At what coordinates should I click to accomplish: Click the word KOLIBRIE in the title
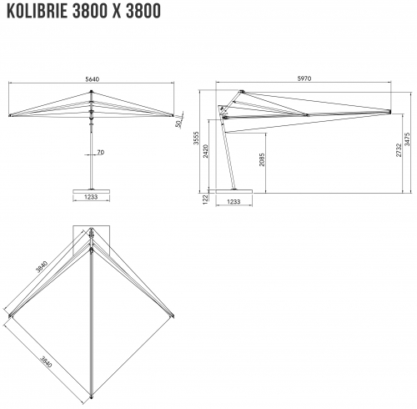(x=38, y=11)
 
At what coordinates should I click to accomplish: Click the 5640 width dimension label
(x=92, y=79)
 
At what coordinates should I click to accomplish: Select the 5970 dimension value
(x=304, y=78)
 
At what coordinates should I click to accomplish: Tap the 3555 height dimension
(x=196, y=138)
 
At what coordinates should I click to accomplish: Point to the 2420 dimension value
(x=205, y=151)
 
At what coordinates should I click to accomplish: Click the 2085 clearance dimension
(x=262, y=159)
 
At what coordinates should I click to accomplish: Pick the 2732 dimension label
(x=399, y=150)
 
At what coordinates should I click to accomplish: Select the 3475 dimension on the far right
(x=407, y=139)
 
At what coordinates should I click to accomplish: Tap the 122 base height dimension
(x=205, y=199)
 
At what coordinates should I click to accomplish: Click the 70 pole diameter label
(x=101, y=152)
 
